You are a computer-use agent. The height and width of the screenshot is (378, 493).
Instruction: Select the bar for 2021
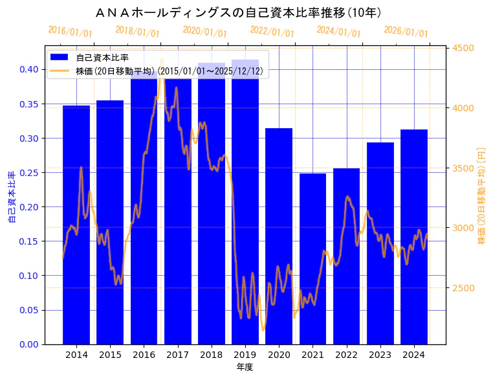coord(312,259)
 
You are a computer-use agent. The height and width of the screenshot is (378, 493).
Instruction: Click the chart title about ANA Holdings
coord(237,12)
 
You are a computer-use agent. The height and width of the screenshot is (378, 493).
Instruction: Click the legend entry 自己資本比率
coord(102,58)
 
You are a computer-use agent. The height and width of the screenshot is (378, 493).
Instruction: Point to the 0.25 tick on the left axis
coord(28,173)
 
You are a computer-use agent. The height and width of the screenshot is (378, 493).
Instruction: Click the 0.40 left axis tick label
coord(28,70)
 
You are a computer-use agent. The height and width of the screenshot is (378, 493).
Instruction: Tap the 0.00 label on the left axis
coord(28,344)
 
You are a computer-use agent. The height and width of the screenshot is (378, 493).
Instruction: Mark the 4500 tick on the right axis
coord(463,48)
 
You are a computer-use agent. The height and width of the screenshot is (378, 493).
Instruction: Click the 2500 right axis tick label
coord(463,288)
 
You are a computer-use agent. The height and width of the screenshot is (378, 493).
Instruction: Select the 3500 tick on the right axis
coord(463,168)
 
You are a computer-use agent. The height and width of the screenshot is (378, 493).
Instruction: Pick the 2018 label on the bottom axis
coord(212,355)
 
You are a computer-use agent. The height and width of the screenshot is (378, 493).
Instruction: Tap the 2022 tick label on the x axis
coord(346,355)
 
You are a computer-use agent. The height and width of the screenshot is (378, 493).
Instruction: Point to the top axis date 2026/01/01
coord(406,32)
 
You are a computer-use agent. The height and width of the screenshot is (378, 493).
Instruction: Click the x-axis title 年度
coord(245,367)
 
